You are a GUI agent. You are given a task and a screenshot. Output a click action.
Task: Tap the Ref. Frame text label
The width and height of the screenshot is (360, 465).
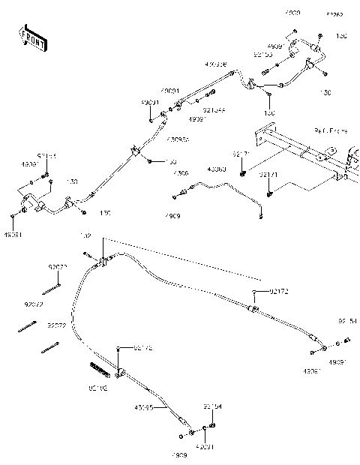pos(331,130)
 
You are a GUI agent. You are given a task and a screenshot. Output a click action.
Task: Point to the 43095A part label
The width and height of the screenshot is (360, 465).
pos(178,139)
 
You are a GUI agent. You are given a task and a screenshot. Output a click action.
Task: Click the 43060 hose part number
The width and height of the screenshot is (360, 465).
pos(217,169)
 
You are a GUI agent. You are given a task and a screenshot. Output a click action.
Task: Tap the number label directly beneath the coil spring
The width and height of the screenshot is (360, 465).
pos(98,388)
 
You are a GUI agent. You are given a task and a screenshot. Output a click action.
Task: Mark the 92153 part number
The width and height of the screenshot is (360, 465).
pos(262,55)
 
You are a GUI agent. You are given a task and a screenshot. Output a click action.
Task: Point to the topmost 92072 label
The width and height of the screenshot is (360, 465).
pos(57,267)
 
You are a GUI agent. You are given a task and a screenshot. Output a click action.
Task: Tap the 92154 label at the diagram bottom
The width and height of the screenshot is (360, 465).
pos(212,407)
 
